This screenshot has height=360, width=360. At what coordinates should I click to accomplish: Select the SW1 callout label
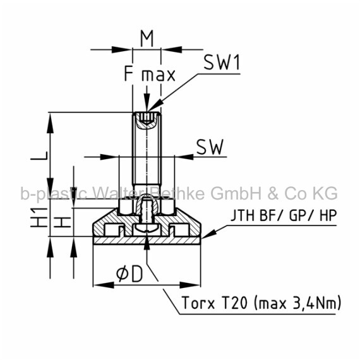[222, 63]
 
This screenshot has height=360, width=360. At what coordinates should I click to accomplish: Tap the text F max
[150, 73]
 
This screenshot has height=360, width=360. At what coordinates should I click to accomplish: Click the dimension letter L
[39, 155]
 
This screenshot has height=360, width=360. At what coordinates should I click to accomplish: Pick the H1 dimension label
[39, 217]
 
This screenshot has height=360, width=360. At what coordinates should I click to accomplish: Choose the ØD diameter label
[129, 273]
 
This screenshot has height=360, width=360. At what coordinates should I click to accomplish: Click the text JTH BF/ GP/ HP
[284, 215]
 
